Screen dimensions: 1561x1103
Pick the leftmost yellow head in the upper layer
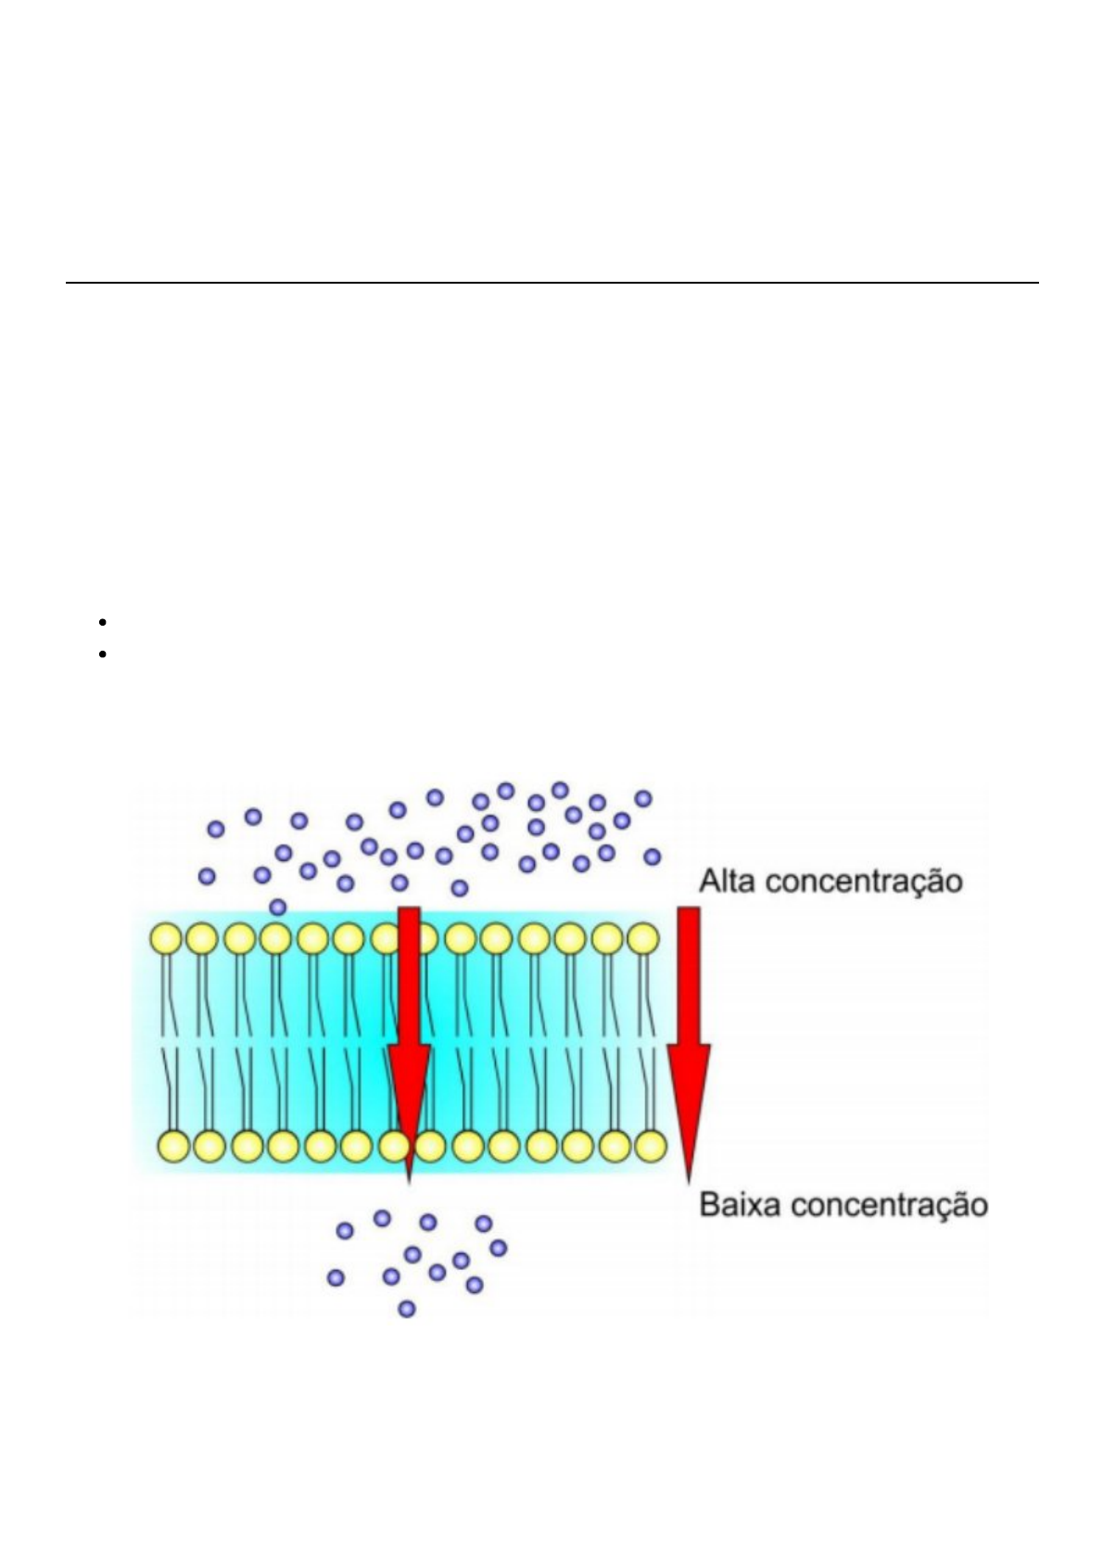pyautogui.click(x=167, y=939)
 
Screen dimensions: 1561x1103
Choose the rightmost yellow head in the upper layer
pyautogui.click(x=642, y=939)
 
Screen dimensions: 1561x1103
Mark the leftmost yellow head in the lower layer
pyautogui.click(x=174, y=1147)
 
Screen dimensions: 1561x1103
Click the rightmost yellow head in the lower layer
pyautogui.click(x=651, y=1147)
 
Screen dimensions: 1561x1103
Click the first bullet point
pyautogui.click(x=101, y=622)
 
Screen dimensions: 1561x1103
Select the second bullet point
pyautogui.click(x=101, y=654)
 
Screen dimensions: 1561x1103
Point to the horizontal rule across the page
pyautogui.click(x=551, y=282)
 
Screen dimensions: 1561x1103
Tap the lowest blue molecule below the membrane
pyautogui.click(x=406, y=1309)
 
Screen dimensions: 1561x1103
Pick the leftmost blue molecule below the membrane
pyautogui.click(x=336, y=1277)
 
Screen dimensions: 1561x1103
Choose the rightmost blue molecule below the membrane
pyautogui.click(x=498, y=1248)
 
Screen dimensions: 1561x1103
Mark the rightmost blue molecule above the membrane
pyautogui.click(x=653, y=857)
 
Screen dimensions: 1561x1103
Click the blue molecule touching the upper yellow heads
pyautogui.click(x=277, y=907)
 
